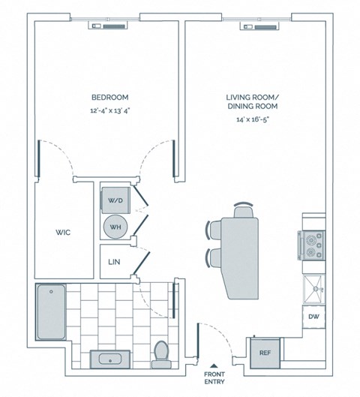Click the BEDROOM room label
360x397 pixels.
[x=109, y=98]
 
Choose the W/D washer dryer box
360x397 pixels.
[x=115, y=200]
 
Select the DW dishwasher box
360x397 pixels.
[x=313, y=317]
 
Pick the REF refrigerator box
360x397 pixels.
[x=264, y=351]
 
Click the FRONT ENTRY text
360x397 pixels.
[x=214, y=380]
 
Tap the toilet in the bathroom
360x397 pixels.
[x=160, y=353]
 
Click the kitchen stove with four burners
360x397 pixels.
[x=313, y=244]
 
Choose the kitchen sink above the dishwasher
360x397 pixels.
[x=313, y=286]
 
